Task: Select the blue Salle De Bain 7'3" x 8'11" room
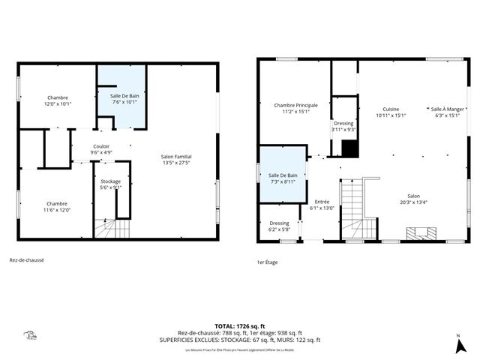(x=283, y=177)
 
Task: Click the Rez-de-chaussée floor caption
(x=26, y=260)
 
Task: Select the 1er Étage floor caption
(x=268, y=262)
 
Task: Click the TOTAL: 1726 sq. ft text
(x=240, y=326)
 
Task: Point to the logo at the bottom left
(x=31, y=336)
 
